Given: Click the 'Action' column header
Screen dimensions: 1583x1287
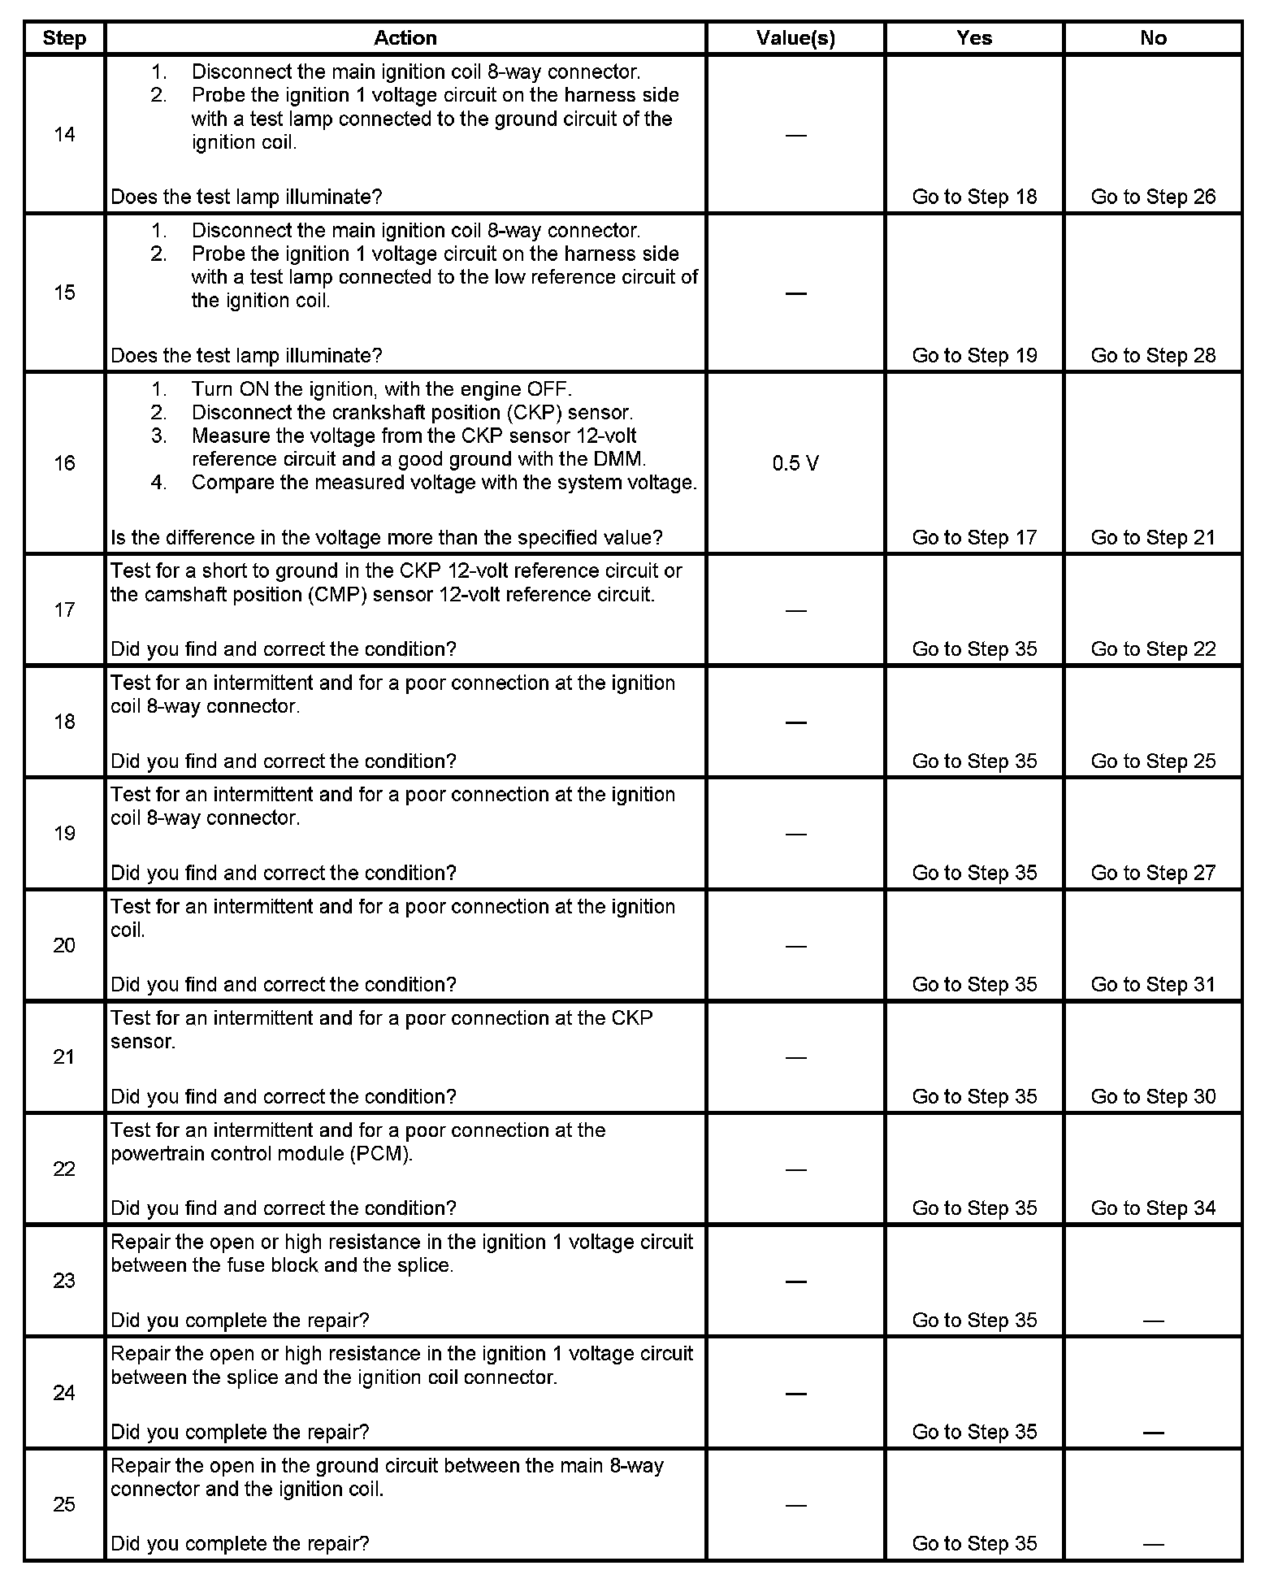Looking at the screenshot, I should click(x=405, y=38).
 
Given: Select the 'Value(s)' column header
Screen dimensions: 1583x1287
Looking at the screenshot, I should click(x=795, y=38).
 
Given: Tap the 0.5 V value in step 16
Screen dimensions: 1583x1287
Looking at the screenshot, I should click(x=795, y=463).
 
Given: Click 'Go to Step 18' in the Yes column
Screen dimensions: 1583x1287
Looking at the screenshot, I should click(x=974, y=197).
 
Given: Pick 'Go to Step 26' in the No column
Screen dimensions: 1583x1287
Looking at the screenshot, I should click(x=1153, y=197).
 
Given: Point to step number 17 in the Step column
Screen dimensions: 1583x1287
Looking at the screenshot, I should click(x=64, y=610).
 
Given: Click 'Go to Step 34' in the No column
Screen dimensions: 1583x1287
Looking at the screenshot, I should click(x=1153, y=1208).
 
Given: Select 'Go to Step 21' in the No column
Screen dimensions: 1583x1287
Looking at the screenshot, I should click(x=1153, y=537).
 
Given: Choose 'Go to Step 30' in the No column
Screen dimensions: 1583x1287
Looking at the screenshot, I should click(x=1153, y=1096).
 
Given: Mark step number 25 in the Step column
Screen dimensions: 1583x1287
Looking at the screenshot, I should click(x=64, y=1504).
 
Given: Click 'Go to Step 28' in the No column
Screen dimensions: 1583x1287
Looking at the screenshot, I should click(x=1153, y=355).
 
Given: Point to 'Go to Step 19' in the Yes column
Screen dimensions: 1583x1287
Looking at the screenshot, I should click(x=974, y=355).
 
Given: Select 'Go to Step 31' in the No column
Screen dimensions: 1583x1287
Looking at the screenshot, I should click(x=1153, y=984).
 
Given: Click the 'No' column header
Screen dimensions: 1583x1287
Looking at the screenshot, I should click(x=1153, y=38).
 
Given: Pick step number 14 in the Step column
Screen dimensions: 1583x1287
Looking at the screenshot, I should click(x=64, y=134).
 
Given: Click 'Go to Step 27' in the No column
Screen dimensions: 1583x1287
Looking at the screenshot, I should click(x=1153, y=873).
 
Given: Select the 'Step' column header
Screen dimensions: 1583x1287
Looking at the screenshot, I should click(x=64, y=38).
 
